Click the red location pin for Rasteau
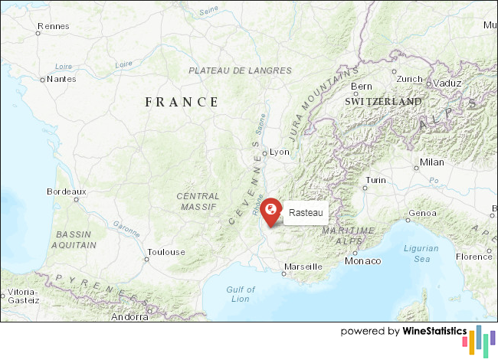coord(270,211)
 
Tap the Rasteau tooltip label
coord(306,213)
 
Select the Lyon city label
coord(280,152)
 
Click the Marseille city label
coord(303,267)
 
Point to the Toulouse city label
coord(166,252)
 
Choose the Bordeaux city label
coord(67,191)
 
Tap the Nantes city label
coord(61,78)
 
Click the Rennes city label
coord(53,26)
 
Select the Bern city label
coord(361,87)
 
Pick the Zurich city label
coord(409,79)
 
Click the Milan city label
coord(432,162)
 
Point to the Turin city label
coord(375,180)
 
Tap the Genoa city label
coord(423,213)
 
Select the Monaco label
coord(362,261)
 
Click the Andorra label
coord(129,316)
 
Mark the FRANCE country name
coord(182,102)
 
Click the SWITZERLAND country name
coord(383,101)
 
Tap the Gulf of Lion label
coord(241,293)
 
